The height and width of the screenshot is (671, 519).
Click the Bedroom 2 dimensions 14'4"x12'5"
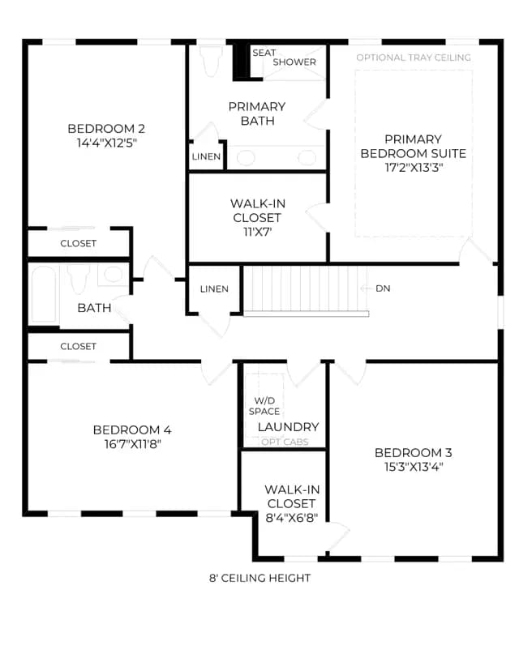pos(106,143)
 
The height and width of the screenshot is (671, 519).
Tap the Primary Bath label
pos(257,113)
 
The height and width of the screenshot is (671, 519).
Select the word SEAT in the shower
pos(264,53)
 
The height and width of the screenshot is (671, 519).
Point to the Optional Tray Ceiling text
pos(414,58)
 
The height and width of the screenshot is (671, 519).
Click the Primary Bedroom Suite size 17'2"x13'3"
pos(414,167)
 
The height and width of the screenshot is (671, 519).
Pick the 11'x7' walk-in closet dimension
pos(257,232)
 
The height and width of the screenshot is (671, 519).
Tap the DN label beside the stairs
pos(383,288)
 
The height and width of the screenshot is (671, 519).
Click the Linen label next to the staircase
pos(214,288)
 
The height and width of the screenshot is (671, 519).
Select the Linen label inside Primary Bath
pos(206,156)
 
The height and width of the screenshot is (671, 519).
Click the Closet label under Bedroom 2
pos(78,243)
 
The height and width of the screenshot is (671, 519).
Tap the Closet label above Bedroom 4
pos(78,346)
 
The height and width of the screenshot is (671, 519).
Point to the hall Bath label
pos(94,308)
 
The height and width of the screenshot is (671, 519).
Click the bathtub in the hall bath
pos(44,294)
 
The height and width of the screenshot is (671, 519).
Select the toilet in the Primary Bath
pos(210,59)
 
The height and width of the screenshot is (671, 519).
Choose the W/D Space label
pos(264,406)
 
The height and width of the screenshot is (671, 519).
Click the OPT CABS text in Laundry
pos(285,442)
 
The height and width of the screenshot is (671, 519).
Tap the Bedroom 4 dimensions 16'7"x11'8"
pos(132,444)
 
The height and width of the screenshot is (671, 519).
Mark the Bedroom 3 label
pos(414,452)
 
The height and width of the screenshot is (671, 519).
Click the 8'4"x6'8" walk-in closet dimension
pos(292,518)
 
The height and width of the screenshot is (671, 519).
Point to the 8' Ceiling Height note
pos(260,578)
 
